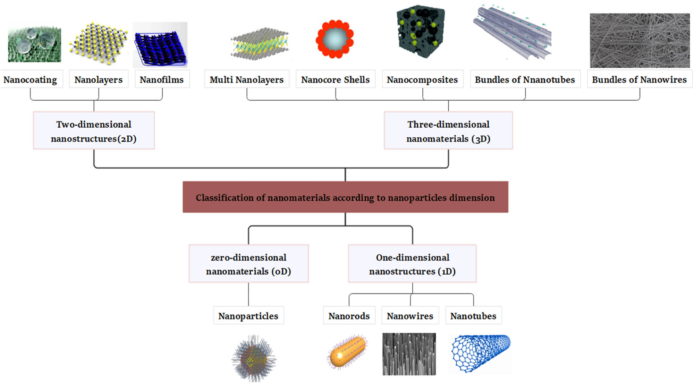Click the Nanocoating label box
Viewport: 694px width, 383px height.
pyautogui.click(x=31, y=79)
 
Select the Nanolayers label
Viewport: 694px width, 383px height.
pyautogui.click(x=99, y=79)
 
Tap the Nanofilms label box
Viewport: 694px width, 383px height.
pyautogui.click(x=162, y=79)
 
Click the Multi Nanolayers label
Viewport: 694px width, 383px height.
pyautogui.click(x=247, y=79)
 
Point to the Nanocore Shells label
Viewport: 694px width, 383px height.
pyautogui.click(x=335, y=79)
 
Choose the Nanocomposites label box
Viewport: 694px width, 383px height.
pyautogui.click(x=422, y=79)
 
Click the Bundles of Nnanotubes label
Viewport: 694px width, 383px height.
pyautogui.click(x=525, y=79)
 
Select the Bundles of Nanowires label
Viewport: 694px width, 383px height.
pyautogui.click(x=639, y=79)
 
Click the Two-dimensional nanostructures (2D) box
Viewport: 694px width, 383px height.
pyautogui.click(x=94, y=131)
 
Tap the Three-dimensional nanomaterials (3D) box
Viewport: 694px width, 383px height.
pyautogui.click(x=448, y=131)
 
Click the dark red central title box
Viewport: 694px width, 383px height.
pyautogui.click(x=345, y=197)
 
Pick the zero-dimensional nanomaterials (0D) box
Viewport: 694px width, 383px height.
pyautogui.click(x=248, y=264)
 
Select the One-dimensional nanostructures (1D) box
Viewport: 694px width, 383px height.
pyautogui.click(x=412, y=264)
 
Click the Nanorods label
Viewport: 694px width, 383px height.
pyautogui.click(x=349, y=316)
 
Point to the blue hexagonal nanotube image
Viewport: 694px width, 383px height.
pyautogui.click(x=481, y=353)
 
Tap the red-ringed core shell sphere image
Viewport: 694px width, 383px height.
pyautogui.click(x=335, y=39)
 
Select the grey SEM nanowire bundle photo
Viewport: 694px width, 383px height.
pyautogui.click(x=640, y=41)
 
